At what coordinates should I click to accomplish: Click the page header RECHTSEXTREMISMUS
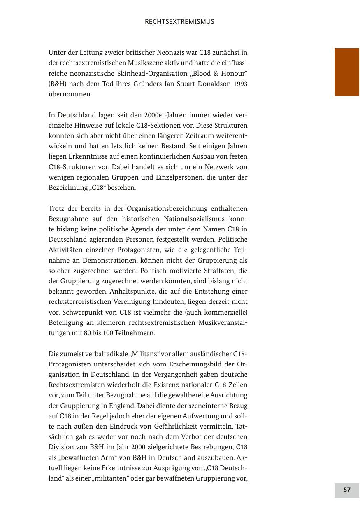coord(179,22)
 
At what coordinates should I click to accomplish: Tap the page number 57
coord(347,490)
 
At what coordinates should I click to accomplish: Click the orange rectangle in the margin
coord(347,72)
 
